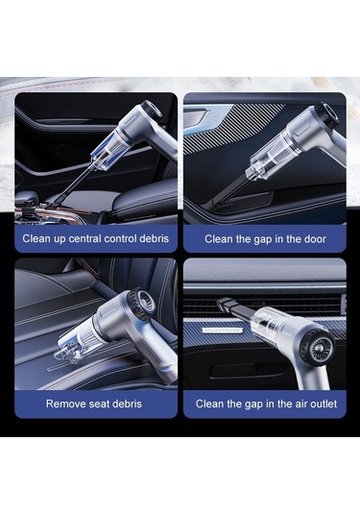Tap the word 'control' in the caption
(x=125, y=236)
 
